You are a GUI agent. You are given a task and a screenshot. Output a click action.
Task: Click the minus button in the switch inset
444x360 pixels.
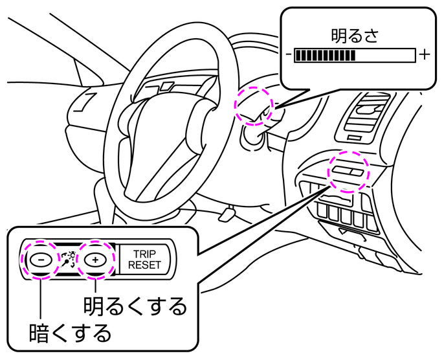coord(40,259)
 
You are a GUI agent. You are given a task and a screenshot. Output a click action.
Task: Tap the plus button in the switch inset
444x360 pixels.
coord(94,259)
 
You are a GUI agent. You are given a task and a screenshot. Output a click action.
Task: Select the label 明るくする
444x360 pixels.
coord(135,306)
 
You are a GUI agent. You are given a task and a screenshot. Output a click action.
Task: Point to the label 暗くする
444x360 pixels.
coord(71,333)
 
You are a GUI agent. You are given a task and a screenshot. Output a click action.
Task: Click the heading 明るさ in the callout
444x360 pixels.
coord(354,34)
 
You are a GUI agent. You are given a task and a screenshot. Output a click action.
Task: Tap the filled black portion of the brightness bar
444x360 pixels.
coord(324,56)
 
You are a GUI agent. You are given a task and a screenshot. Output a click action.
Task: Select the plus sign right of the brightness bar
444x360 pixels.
coord(424,55)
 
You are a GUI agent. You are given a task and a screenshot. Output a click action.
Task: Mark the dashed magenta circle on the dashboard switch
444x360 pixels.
coord(347,172)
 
